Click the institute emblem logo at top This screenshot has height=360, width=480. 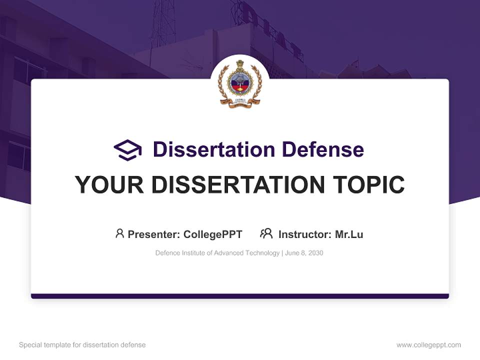coord(240,83)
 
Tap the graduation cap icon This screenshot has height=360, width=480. coord(127,150)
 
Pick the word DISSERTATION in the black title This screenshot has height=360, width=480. coord(237,185)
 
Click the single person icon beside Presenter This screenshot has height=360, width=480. coord(119,233)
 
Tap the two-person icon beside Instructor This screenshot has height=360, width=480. coord(266,233)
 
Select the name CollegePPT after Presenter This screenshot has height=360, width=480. coord(213,234)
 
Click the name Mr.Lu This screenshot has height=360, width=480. coord(349,234)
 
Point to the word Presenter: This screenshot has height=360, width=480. coord(154,234)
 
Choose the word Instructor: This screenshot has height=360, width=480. coord(304,234)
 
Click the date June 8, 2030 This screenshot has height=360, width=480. coord(304,253)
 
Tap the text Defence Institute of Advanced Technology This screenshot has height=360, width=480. coord(217,253)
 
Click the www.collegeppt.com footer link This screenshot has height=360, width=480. coord(428,345)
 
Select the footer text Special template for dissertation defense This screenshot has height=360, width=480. coord(82,345)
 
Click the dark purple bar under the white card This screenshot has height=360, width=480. coord(240,296)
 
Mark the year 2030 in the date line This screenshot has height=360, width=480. coord(315,253)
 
